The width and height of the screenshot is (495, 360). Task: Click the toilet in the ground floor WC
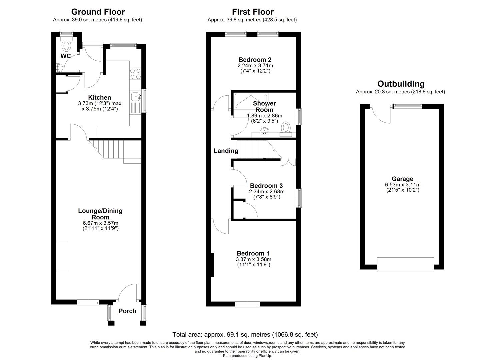pos(66,44)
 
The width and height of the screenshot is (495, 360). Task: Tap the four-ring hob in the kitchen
pos(135,74)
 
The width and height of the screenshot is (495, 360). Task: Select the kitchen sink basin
pos(135,97)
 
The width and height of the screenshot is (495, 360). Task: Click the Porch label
pos(127,311)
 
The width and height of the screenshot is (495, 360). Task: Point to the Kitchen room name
pos(100,97)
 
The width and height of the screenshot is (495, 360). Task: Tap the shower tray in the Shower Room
pos(250,101)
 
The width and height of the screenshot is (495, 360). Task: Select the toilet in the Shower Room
pos(286,130)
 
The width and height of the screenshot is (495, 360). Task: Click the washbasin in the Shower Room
pos(264,131)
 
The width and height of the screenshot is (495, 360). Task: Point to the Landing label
pos(226,151)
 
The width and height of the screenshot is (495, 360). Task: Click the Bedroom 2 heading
pos(255,60)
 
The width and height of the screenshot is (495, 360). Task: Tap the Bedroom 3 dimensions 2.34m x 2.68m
pos(267,191)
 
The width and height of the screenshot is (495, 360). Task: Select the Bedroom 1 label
pos(253,253)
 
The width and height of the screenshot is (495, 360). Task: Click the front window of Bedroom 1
pos(247,305)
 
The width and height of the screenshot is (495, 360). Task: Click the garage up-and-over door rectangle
pos(406,265)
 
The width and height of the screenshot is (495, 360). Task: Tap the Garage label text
pos(402,179)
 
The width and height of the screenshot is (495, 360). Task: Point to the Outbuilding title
pos(401,84)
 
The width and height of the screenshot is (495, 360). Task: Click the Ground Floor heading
pos(98,12)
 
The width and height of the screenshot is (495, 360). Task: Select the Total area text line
pos(245,335)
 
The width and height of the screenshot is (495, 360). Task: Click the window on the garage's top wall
pos(407,106)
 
